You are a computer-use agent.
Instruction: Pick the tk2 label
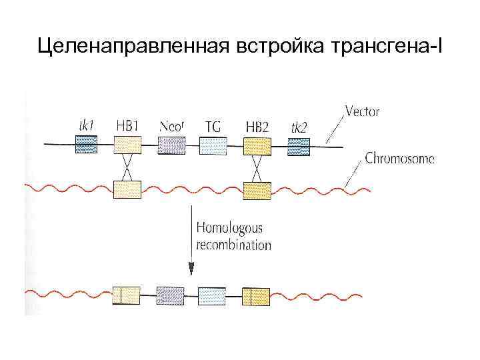point(299,125)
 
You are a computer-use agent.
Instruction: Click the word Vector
point(363,111)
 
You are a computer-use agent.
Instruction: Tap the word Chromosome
point(399,159)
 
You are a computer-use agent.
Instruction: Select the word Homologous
point(229,228)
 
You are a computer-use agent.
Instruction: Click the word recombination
point(233,245)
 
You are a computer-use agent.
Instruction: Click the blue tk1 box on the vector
point(87,145)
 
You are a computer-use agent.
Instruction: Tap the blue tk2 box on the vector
point(299,145)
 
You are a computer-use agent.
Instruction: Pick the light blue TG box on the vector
point(213,145)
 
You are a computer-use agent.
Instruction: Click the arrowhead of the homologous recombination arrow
point(191,269)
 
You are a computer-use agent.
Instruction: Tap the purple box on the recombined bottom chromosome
point(170,295)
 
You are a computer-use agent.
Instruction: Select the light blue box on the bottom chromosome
point(213,295)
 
